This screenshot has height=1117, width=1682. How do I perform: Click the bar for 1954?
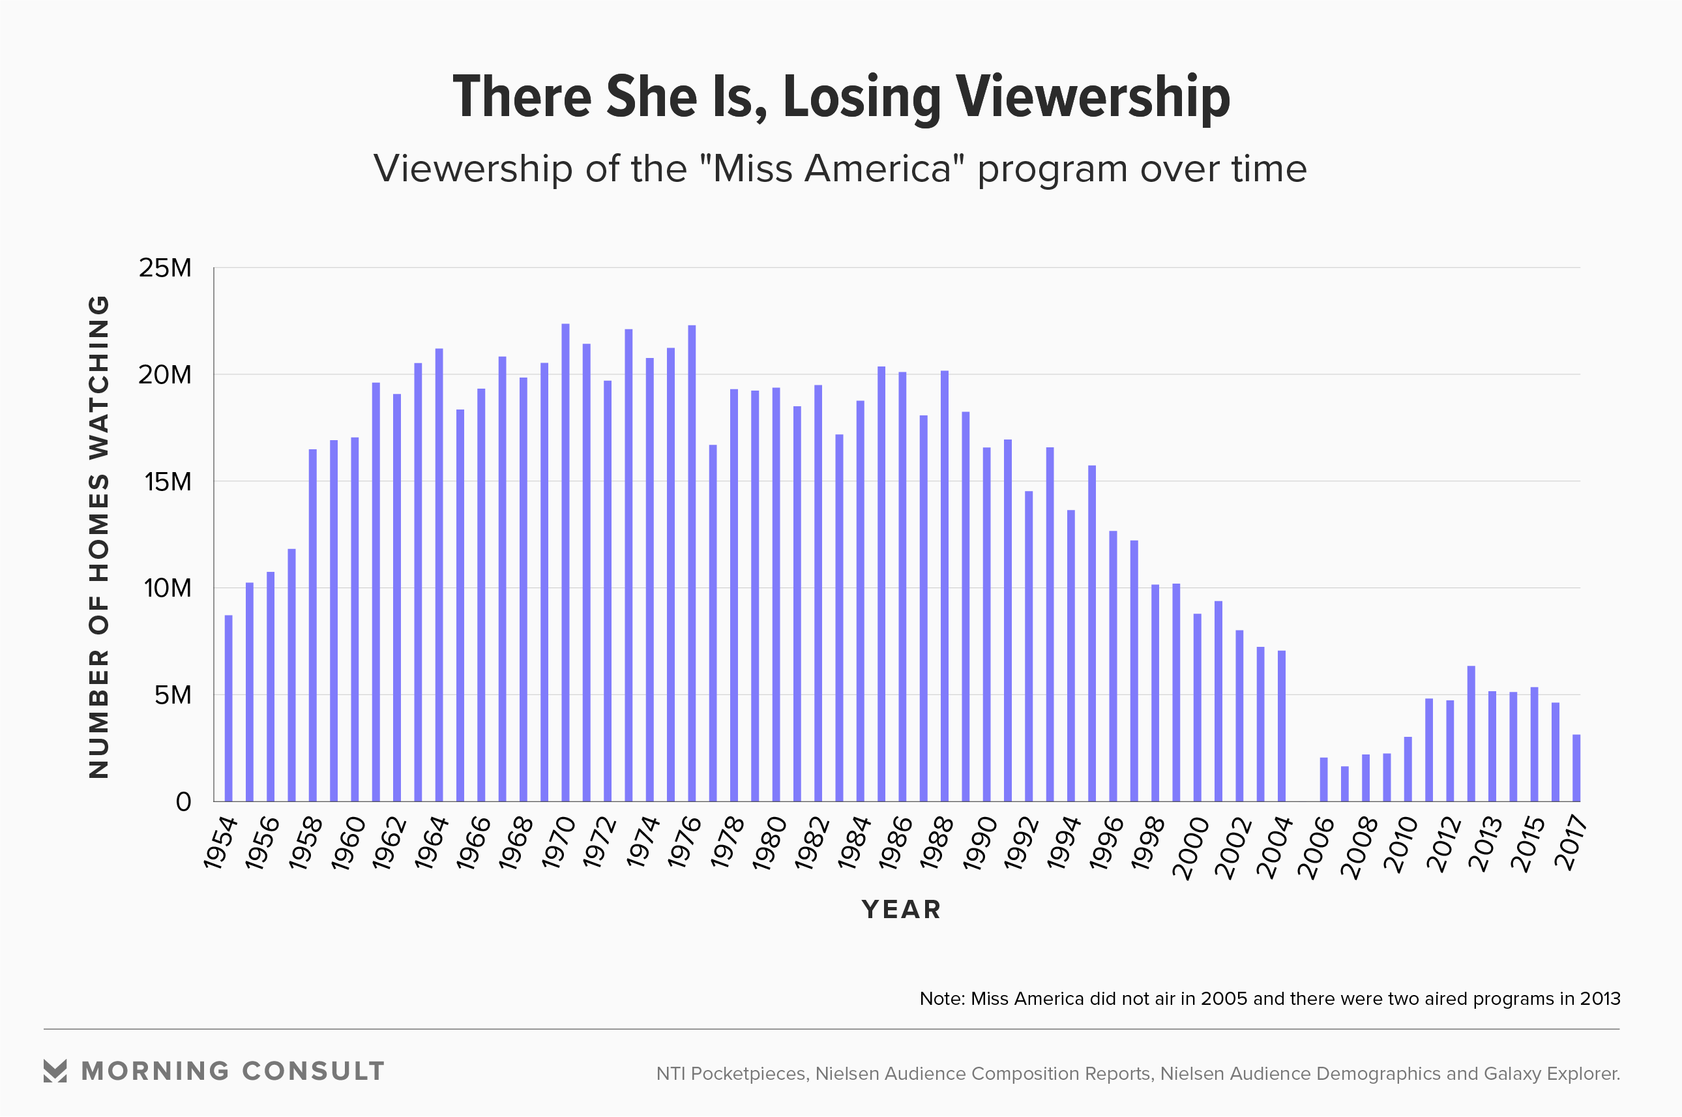229,708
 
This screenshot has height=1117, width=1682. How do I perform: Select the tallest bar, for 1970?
565,563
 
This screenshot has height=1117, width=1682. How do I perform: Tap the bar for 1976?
692,563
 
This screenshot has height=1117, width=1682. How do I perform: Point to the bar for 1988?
944,586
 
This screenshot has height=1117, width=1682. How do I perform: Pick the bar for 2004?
1282,726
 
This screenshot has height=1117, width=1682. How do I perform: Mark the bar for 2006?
1324,779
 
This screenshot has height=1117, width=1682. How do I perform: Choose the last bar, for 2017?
1576,768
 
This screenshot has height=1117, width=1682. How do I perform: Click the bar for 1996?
1113,666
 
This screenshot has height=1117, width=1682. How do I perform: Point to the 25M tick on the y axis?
165,268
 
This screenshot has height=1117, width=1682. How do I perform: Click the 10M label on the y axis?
168,588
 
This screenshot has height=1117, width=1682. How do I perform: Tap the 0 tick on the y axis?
184,802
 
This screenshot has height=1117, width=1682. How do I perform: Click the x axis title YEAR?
902,910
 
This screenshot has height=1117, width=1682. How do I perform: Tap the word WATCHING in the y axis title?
99,378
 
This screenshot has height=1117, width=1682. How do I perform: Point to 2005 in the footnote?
1224,999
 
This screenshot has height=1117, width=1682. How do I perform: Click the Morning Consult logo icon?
55,1071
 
